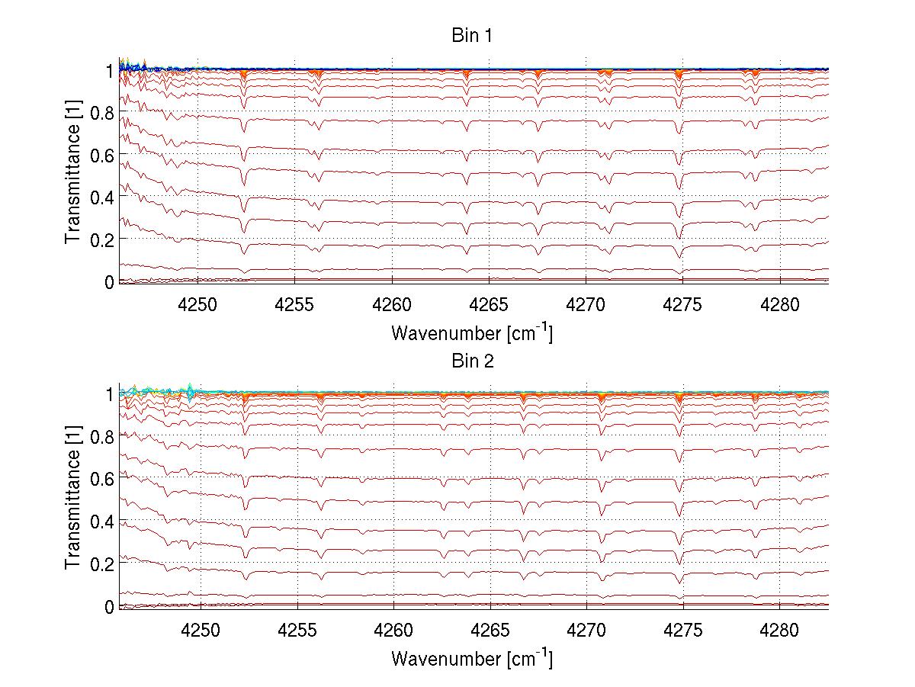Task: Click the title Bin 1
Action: click(x=472, y=36)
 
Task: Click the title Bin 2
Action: click(x=472, y=361)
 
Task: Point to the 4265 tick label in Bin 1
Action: click(x=489, y=305)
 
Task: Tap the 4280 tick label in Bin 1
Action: click(x=779, y=305)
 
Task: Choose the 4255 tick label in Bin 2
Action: click(x=297, y=630)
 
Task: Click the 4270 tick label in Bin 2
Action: click(x=586, y=630)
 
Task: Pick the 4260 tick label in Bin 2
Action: click(x=393, y=630)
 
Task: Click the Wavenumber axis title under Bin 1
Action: click(x=472, y=332)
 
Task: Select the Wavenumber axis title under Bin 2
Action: click(x=472, y=657)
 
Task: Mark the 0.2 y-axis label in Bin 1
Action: click(x=101, y=239)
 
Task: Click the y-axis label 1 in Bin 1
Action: click(x=109, y=69)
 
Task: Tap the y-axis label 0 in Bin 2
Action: click(x=109, y=607)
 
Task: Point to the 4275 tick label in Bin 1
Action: click(x=682, y=305)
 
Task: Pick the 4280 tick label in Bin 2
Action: click(x=779, y=630)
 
